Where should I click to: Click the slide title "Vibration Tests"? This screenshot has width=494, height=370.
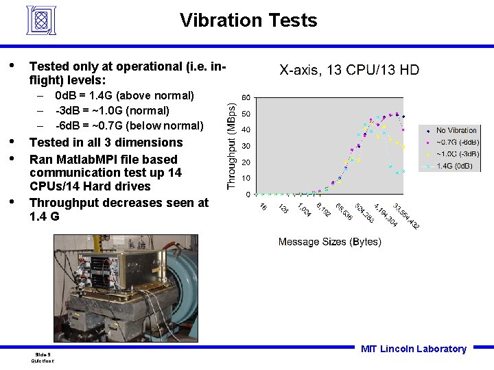(248, 21)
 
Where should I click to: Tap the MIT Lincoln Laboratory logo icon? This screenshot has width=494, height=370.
(41, 20)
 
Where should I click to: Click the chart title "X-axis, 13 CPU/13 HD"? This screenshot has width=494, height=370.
(349, 70)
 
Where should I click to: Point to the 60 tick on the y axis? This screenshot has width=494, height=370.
(245, 97)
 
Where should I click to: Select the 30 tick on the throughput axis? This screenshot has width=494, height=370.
(245, 146)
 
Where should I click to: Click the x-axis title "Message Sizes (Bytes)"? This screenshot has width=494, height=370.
(329, 241)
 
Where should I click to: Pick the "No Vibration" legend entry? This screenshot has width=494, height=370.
(456, 130)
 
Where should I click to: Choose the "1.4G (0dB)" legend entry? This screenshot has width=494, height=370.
(457, 166)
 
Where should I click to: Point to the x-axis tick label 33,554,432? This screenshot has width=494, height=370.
(406, 216)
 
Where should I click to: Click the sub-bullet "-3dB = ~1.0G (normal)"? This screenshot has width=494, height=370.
(113, 110)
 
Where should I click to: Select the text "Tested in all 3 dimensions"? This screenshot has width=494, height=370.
(106, 143)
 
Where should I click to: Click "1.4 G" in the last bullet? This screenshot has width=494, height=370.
(45, 217)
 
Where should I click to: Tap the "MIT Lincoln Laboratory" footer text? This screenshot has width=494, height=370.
(413, 349)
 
